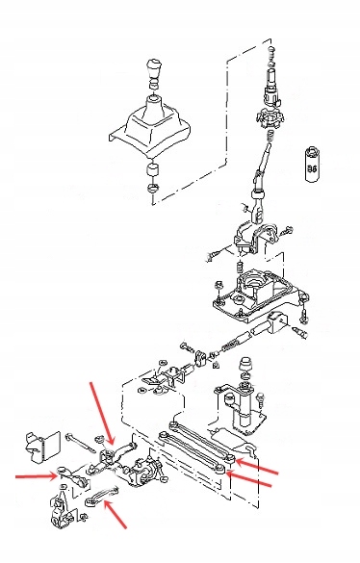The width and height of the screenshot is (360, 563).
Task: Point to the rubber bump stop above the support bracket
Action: [244, 367]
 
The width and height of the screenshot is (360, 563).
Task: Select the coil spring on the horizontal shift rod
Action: [231, 343]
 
